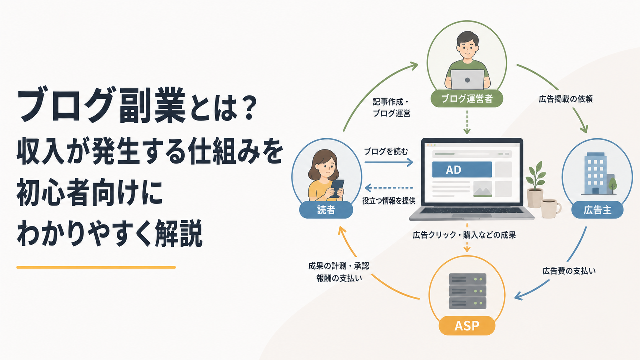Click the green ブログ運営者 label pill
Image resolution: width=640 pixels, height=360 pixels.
467,99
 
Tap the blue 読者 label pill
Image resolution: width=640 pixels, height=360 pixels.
326,210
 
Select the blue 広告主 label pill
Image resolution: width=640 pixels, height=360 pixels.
597,210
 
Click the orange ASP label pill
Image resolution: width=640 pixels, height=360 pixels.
467,326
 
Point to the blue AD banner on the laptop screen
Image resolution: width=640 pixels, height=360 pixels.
462,170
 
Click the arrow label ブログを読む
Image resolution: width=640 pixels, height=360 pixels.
386,152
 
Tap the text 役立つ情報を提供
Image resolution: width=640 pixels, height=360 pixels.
389,201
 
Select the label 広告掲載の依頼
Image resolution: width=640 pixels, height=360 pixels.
566,99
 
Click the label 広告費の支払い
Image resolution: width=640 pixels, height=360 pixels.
569,271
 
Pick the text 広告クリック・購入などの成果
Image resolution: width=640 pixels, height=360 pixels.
464,235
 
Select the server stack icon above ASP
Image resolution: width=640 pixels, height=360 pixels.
467,291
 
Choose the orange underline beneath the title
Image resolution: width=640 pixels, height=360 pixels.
96,267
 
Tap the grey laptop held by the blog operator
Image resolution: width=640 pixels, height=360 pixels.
467,79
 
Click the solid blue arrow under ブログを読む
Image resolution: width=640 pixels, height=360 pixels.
389,162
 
